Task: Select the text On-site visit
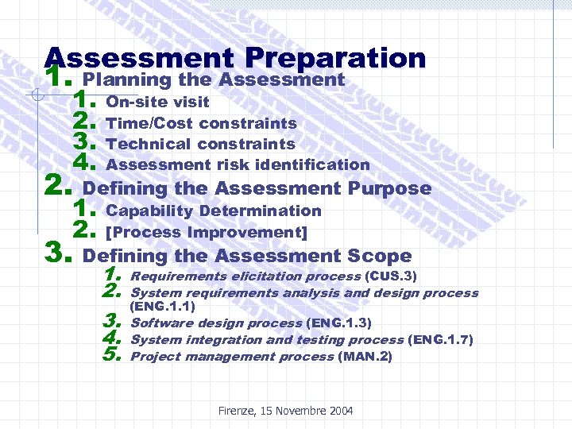click(157, 102)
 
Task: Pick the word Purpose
click(389, 188)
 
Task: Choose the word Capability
click(149, 211)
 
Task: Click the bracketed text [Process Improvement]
click(206, 232)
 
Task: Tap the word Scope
click(379, 256)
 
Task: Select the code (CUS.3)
click(391, 276)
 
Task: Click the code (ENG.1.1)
click(162, 306)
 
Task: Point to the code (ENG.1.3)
click(338, 323)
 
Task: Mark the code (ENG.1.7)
click(440, 339)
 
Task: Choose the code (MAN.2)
click(365, 356)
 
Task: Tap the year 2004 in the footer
click(339, 411)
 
